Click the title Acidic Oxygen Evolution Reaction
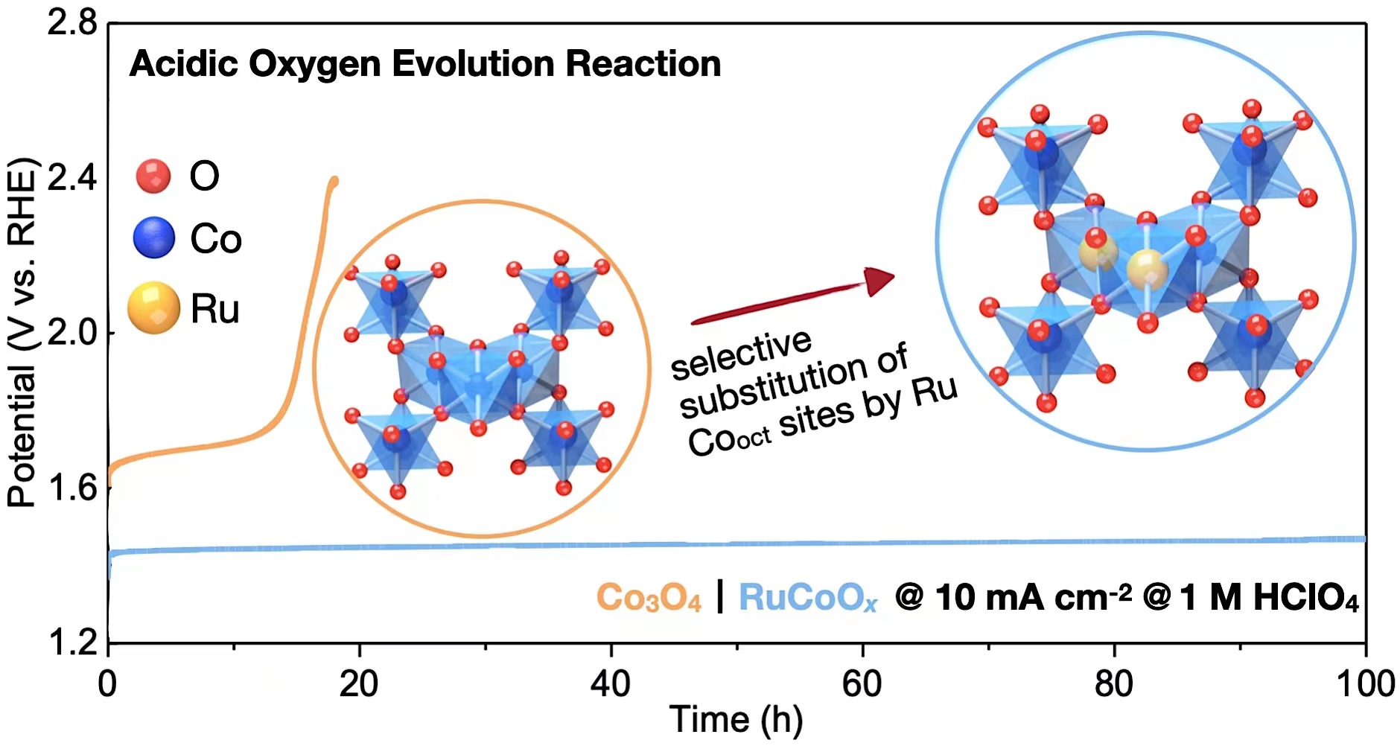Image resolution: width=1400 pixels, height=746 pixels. [x=424, y=64]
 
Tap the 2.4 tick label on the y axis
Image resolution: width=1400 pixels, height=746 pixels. [x=72, y=178]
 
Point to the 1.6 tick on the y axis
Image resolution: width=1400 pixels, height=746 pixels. [x=72, y=488]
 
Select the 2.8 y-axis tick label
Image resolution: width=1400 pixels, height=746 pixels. [x=72, y=23]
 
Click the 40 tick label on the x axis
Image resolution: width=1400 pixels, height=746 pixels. [x=611, y=683]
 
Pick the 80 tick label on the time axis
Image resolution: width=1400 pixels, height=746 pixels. [x=1114, y=683]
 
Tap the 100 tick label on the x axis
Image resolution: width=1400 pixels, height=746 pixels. [x=1365, y=683]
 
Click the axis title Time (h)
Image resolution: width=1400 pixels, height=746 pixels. [x=736, y=720]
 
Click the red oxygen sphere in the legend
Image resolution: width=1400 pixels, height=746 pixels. [x=153, y=176]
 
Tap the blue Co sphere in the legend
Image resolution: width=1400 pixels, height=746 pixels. [x=154, y=238]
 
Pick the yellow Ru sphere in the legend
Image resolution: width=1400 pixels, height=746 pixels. [x=153, y=307]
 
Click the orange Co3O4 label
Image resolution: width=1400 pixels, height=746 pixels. [x=649, y=598]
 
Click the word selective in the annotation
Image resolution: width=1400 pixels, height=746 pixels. [x=741, y=354]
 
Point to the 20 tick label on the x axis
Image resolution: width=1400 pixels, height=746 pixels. [x=359, y=683]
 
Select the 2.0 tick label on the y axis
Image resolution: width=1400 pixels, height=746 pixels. [x=72, y=333]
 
